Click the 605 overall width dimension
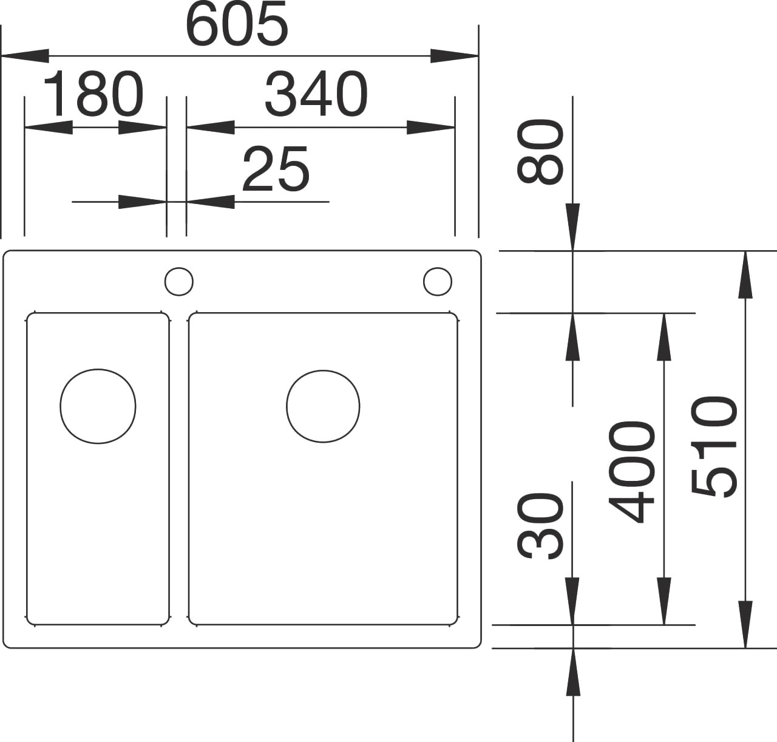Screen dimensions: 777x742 [236, 23]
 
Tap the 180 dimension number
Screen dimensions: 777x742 [93, 94]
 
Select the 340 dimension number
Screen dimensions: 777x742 [316, 94]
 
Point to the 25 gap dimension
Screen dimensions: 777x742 [276, 168]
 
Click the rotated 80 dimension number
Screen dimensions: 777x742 [540, 152]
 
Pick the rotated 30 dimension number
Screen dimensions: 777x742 [540, 526]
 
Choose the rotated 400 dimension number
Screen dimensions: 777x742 [631, 472]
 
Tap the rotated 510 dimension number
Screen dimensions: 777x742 [713, 447]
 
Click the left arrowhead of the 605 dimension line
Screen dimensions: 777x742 [25, 56]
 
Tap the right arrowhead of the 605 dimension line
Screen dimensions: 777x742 [455, 56]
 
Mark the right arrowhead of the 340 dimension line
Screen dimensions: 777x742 [431, 128]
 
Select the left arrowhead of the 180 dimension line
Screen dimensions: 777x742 [49, 128]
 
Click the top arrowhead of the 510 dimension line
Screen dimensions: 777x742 [745, 274]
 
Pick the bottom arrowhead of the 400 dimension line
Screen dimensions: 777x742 [663, 601]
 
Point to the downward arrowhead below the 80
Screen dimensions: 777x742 [573, 227]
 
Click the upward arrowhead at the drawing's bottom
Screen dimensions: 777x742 [573, 672]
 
